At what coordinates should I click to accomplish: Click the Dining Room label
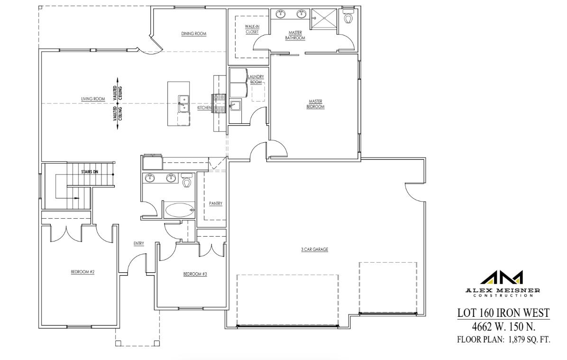(x=194, y=34)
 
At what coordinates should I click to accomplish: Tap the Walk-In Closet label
(x=252, y=29)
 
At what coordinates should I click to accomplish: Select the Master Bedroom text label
(x=316, y=104)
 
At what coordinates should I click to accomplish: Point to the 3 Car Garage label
(x=315, y=249)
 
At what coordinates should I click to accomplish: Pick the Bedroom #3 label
(x=195, y=274)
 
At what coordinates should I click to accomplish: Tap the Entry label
(x=138, y=243)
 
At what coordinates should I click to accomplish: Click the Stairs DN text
(x=89, y=172)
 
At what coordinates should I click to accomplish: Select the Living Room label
(x=93, y=99)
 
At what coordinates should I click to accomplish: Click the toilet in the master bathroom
(x=348, y=18)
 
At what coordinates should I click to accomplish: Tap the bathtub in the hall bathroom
(x=180, y=210)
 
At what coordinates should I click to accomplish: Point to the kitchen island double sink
(x=183, y=104)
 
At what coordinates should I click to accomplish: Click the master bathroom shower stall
(x=325, y=20)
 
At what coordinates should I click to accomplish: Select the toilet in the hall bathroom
(x=187, y=181)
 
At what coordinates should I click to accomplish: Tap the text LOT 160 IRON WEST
(x=503, y=313)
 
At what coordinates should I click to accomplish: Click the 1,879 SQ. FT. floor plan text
(x=503, y=339)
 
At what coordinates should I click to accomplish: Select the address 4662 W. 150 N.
(x=503, y=326)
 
